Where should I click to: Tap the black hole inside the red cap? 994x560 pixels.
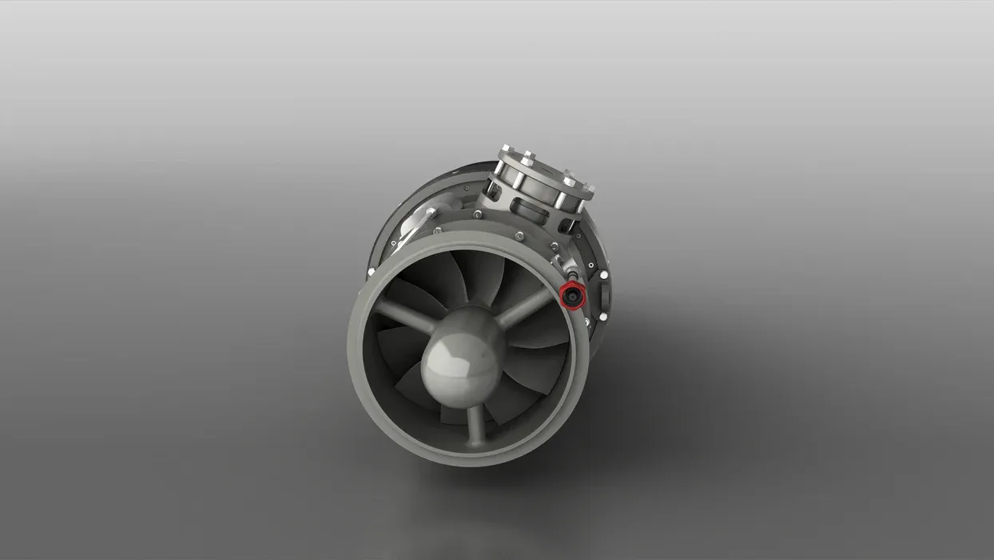pyautogui.click(x=571, y=295)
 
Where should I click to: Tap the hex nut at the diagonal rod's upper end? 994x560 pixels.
pyautogui.click(x=431, y=212)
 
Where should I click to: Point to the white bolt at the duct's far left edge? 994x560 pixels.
pyautogui.click(x=372, y=273)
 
